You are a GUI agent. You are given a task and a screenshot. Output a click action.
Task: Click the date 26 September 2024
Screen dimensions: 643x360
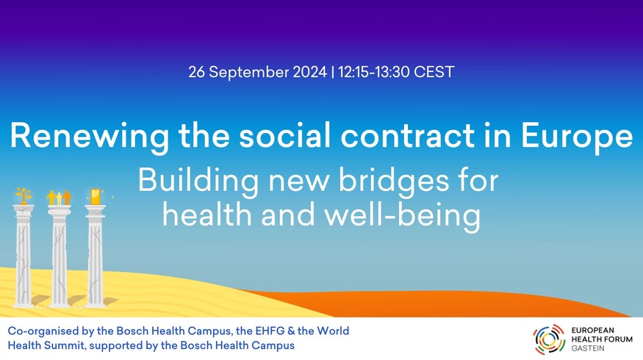(257, 72)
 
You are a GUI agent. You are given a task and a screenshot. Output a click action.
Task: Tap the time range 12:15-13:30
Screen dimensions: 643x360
(373, 72)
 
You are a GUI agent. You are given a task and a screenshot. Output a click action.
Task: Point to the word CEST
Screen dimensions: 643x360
(434, 72)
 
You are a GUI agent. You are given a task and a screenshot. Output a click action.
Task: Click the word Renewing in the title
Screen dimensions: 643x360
(90, 137)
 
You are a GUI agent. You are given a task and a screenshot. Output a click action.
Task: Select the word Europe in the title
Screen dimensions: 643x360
(577, 137)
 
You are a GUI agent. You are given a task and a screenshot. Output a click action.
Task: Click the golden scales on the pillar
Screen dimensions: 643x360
(24, 196)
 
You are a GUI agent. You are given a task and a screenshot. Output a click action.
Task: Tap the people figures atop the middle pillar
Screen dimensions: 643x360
(60, 197)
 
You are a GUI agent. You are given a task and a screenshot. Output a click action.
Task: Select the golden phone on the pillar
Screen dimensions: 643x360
(95, 196)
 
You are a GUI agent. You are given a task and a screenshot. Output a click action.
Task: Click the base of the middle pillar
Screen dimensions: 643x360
(60, 304)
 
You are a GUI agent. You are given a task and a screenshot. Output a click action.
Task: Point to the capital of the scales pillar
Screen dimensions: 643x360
(24, 209)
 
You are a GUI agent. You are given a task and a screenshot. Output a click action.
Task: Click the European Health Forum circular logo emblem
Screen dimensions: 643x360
(549, 339)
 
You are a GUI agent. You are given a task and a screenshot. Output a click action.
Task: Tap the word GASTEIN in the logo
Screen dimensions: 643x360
(588, 348)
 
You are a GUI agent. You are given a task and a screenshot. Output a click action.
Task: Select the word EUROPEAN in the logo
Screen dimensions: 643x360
(592, 330)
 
